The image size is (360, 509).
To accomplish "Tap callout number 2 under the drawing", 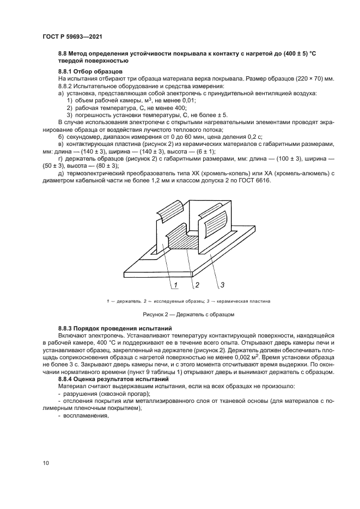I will click(x=197, y=284).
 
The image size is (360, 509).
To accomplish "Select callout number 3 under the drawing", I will click(x=223, y=284).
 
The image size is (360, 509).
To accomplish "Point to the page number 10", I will click(x=46, y=463).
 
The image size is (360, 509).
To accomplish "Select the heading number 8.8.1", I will click(x=67, y=72).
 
